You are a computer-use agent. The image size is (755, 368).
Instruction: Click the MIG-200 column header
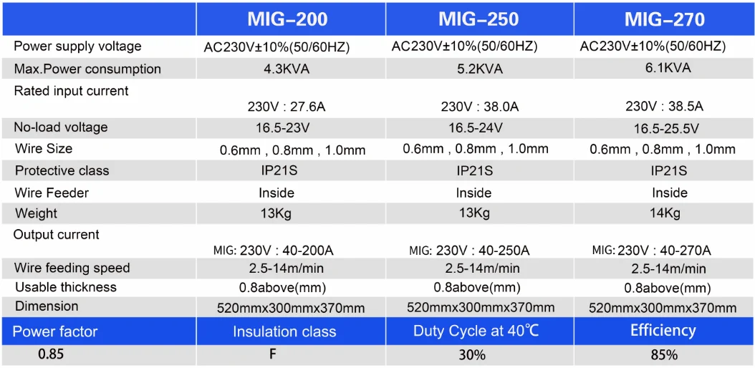click(287, 19)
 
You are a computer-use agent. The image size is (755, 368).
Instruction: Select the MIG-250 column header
click(479, 19)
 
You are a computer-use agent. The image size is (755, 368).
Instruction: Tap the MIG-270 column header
click(665, 19)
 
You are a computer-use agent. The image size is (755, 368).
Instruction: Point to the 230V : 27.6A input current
click(287, 106)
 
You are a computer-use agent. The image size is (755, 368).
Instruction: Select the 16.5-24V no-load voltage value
click(474, 128)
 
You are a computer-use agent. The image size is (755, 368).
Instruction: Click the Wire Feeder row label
click(52, 193)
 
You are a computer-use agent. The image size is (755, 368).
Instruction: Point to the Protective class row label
click(62, 171)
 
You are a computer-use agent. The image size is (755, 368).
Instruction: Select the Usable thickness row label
click(66, 287)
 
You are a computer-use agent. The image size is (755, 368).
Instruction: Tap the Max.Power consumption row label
click(87, 69)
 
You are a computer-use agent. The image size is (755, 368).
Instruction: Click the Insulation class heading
click(284, 331)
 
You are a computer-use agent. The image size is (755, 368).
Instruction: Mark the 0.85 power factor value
click(51, 355)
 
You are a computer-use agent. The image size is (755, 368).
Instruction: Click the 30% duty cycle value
click(472, 356)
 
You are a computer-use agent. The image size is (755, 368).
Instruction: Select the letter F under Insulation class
click(273, 354)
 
